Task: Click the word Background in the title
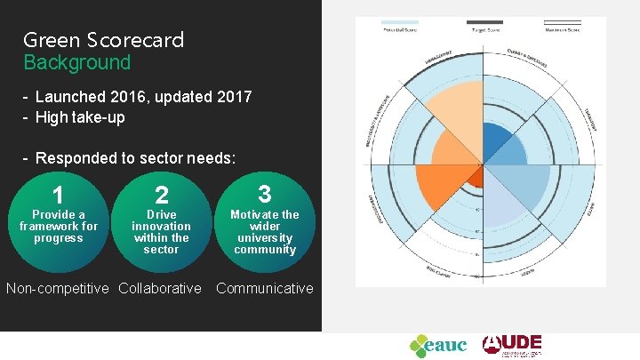[x=76, y=63]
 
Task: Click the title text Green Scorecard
[x=103, y=40]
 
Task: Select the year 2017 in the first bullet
[x=231, y=96]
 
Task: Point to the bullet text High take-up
[x=79, y=116]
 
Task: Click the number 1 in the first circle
[x=58, y=196]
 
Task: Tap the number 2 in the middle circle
[x=161, y=196]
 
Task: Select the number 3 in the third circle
[x=264, y=194]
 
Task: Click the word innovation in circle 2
[x=161, y=226]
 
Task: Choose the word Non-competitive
[x=59, y=288]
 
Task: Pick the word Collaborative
[x=160, y=288]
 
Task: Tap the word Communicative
[x=264, y=288]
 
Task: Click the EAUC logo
[x=437, y=345]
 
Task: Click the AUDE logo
[x=511, y=345]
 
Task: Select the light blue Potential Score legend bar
[x=399, y=22]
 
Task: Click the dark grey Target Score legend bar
[x=484, y=22]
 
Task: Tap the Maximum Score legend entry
[x=562, y=24]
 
